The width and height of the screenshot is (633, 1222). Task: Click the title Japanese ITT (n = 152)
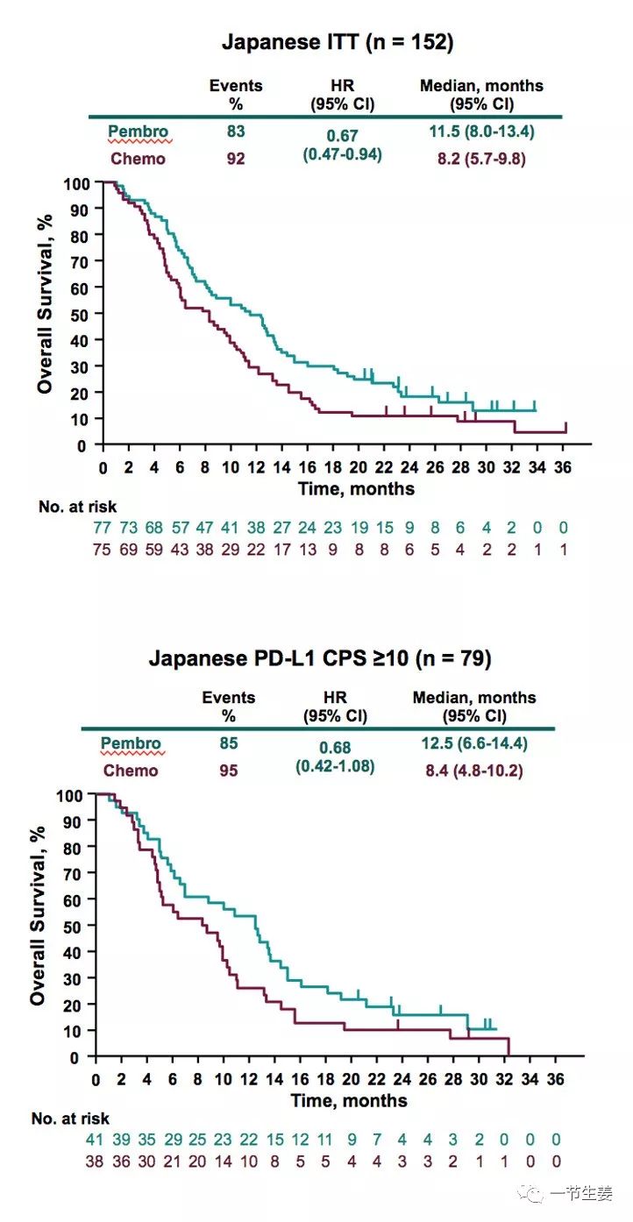click(x=338, y=41)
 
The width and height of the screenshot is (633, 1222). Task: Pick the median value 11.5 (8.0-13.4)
click(x=480, y=132)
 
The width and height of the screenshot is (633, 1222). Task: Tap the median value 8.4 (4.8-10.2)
click(x=473, y=771)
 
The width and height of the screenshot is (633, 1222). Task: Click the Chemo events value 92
click(x=235, y=159)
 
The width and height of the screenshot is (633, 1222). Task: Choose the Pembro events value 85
click(x=228, y=744)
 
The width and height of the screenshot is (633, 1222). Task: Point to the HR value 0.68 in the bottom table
click(x=336, y=748)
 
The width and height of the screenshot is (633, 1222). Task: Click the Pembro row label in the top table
click(x=138, y=132)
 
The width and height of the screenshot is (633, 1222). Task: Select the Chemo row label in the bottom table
click(x=131, y=771)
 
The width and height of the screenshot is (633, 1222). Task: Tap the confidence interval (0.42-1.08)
click(x=336, y=766)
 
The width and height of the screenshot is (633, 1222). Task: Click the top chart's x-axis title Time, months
click(x=354, y=488)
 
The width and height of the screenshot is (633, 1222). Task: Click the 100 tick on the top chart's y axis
click(x=76, y=183)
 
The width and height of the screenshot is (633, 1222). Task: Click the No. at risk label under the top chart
click(x=77, y=506)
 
